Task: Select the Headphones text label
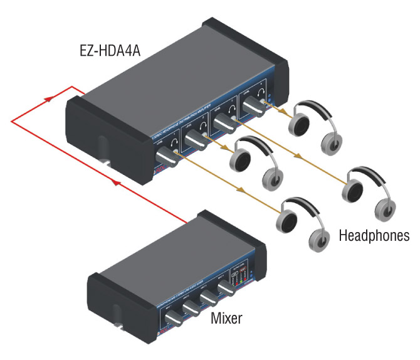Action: [374, 236]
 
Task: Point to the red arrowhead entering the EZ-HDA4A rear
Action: [49, 98]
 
